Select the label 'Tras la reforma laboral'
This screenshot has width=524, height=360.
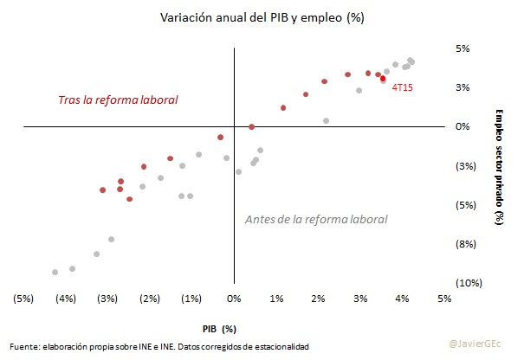pyautogui.click(x=118, y=100)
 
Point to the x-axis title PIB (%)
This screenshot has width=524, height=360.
pyautogui.click(x=219, y=329)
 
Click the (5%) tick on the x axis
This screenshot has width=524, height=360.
pyautogui.click(x=23, y=299)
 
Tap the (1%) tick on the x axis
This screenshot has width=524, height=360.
pyautogui.click(x=192, y=299)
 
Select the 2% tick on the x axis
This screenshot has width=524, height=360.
pyautogui.click(x=319, y=299)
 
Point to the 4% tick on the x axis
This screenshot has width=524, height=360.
pyautogui.click(x=403, y=299)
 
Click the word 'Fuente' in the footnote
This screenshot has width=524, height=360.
pyautogui.click(x=25, y=346)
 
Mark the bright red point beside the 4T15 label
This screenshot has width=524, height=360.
pyautogui.click(x=383, y=79)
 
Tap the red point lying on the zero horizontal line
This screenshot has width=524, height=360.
pyautogui.click(x=251, y=126)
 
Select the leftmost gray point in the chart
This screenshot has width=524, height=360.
pyautogui.click(x=55, y=272)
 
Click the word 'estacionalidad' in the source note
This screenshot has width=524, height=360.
pyautogui.click(x=280, y=346)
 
